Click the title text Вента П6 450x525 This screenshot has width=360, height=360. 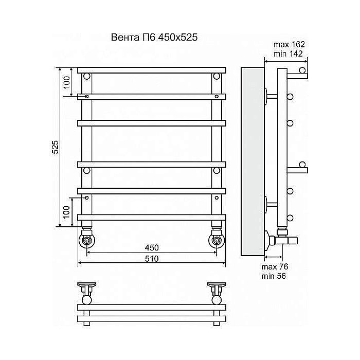point(154,38)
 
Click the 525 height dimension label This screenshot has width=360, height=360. point(55,147)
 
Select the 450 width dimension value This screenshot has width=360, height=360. point(152,247)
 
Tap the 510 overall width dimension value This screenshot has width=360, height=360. point(152,259)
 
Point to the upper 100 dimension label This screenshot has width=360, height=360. point(66,83)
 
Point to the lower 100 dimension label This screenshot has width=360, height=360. point(66,212)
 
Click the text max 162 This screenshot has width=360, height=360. point(289,44)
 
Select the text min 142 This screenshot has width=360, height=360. point(288,53)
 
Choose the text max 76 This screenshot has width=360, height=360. point(275,267)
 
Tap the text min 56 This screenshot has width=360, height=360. point(274,276)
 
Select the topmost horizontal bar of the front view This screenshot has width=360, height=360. point(152,70)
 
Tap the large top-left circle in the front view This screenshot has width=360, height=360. point(87,76)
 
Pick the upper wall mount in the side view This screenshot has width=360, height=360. point(271,97)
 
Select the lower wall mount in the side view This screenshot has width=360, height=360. point(271,205)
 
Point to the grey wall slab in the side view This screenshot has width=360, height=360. point(253,161)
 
